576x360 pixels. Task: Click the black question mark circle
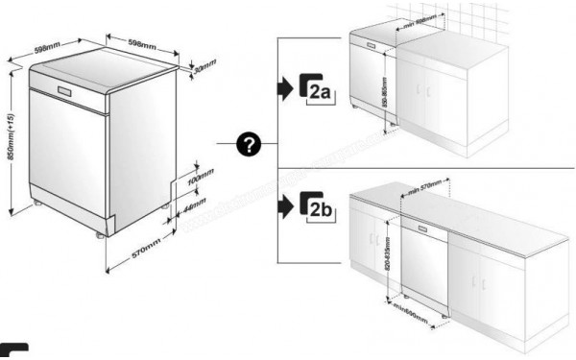250,145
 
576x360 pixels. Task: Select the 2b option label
319,205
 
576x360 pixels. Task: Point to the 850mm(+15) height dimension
11,143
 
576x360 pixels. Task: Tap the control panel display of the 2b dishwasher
423,230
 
